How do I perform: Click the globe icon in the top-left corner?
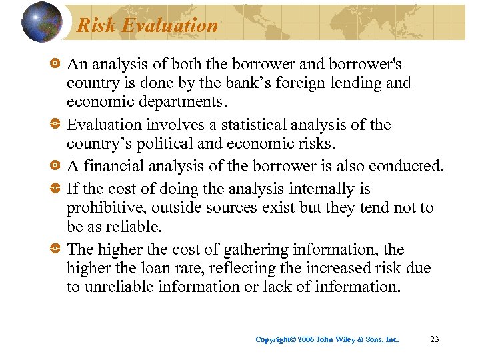pyautogui.click(x=42, y=21)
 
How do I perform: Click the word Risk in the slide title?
pyautogui.click(x=93, y=25)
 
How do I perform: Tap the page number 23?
pyautogui.click(x=435, y=339)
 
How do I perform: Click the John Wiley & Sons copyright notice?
pyautogui.click(x=327, y=339)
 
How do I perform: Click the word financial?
pyautogui.click(x=117, y=166)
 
